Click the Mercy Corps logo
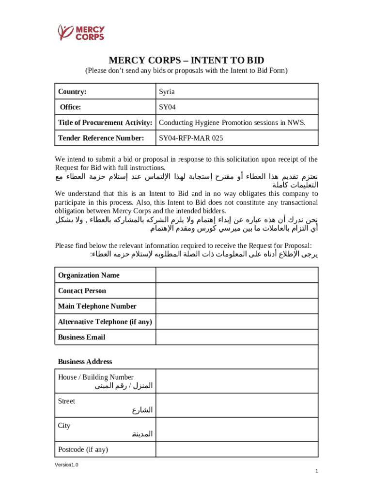(x=81, y=32)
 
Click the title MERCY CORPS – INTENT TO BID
(x=186, y=60)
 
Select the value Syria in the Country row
(x=167, y=92)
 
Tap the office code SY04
(x=167, y=107)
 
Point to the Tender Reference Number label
(x=101, y=138)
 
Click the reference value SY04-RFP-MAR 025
(x=191, y=138)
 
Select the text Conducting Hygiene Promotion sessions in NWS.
(x=232, y=123)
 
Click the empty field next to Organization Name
(x=236, y=275)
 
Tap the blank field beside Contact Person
(x=236, y=291)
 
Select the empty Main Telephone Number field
(x=236, y=306)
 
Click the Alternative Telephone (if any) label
(x=105, y=322)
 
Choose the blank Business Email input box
(x=236, y=337)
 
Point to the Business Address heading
(x=85, y=361)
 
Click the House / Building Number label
(x=96, y=377)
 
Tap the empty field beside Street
(x=236, y=405)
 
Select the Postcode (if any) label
(x=83, y=449)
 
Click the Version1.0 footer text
(x=66, y=465)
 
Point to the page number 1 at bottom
(x=316, y=471)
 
